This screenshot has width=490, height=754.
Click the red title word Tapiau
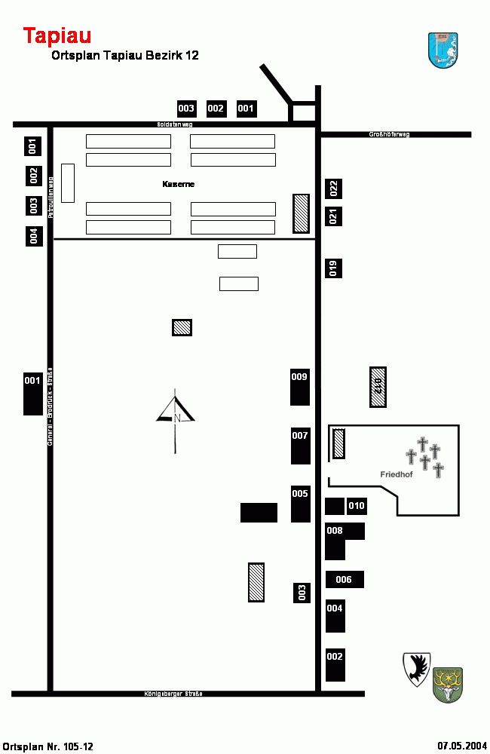(x=57, y=35)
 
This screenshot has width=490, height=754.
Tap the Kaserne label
(x=179, y=184)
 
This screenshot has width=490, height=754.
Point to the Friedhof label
(x=397, y=474)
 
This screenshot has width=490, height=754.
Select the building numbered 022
(x=334, y=188)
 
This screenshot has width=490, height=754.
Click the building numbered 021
(x=334, y=216)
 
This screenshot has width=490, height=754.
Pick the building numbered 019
(x=334, y=268)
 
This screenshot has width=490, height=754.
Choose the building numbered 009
(x=300, y=387)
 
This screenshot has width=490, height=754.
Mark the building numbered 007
(x=301, y=446)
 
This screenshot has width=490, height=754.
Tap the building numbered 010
(x=357, y=505)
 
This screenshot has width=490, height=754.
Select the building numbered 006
(x=345, y=579)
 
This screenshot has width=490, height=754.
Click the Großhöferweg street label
(x=389, y=134)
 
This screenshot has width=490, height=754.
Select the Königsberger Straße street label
(x=173, y=694)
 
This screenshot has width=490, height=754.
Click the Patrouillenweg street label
(x=51, y=198)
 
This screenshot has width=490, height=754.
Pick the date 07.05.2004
(x=462, y=746)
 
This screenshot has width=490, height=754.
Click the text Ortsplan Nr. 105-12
(x=48, y=746)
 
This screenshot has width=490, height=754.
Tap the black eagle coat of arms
(x=416, y=669)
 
